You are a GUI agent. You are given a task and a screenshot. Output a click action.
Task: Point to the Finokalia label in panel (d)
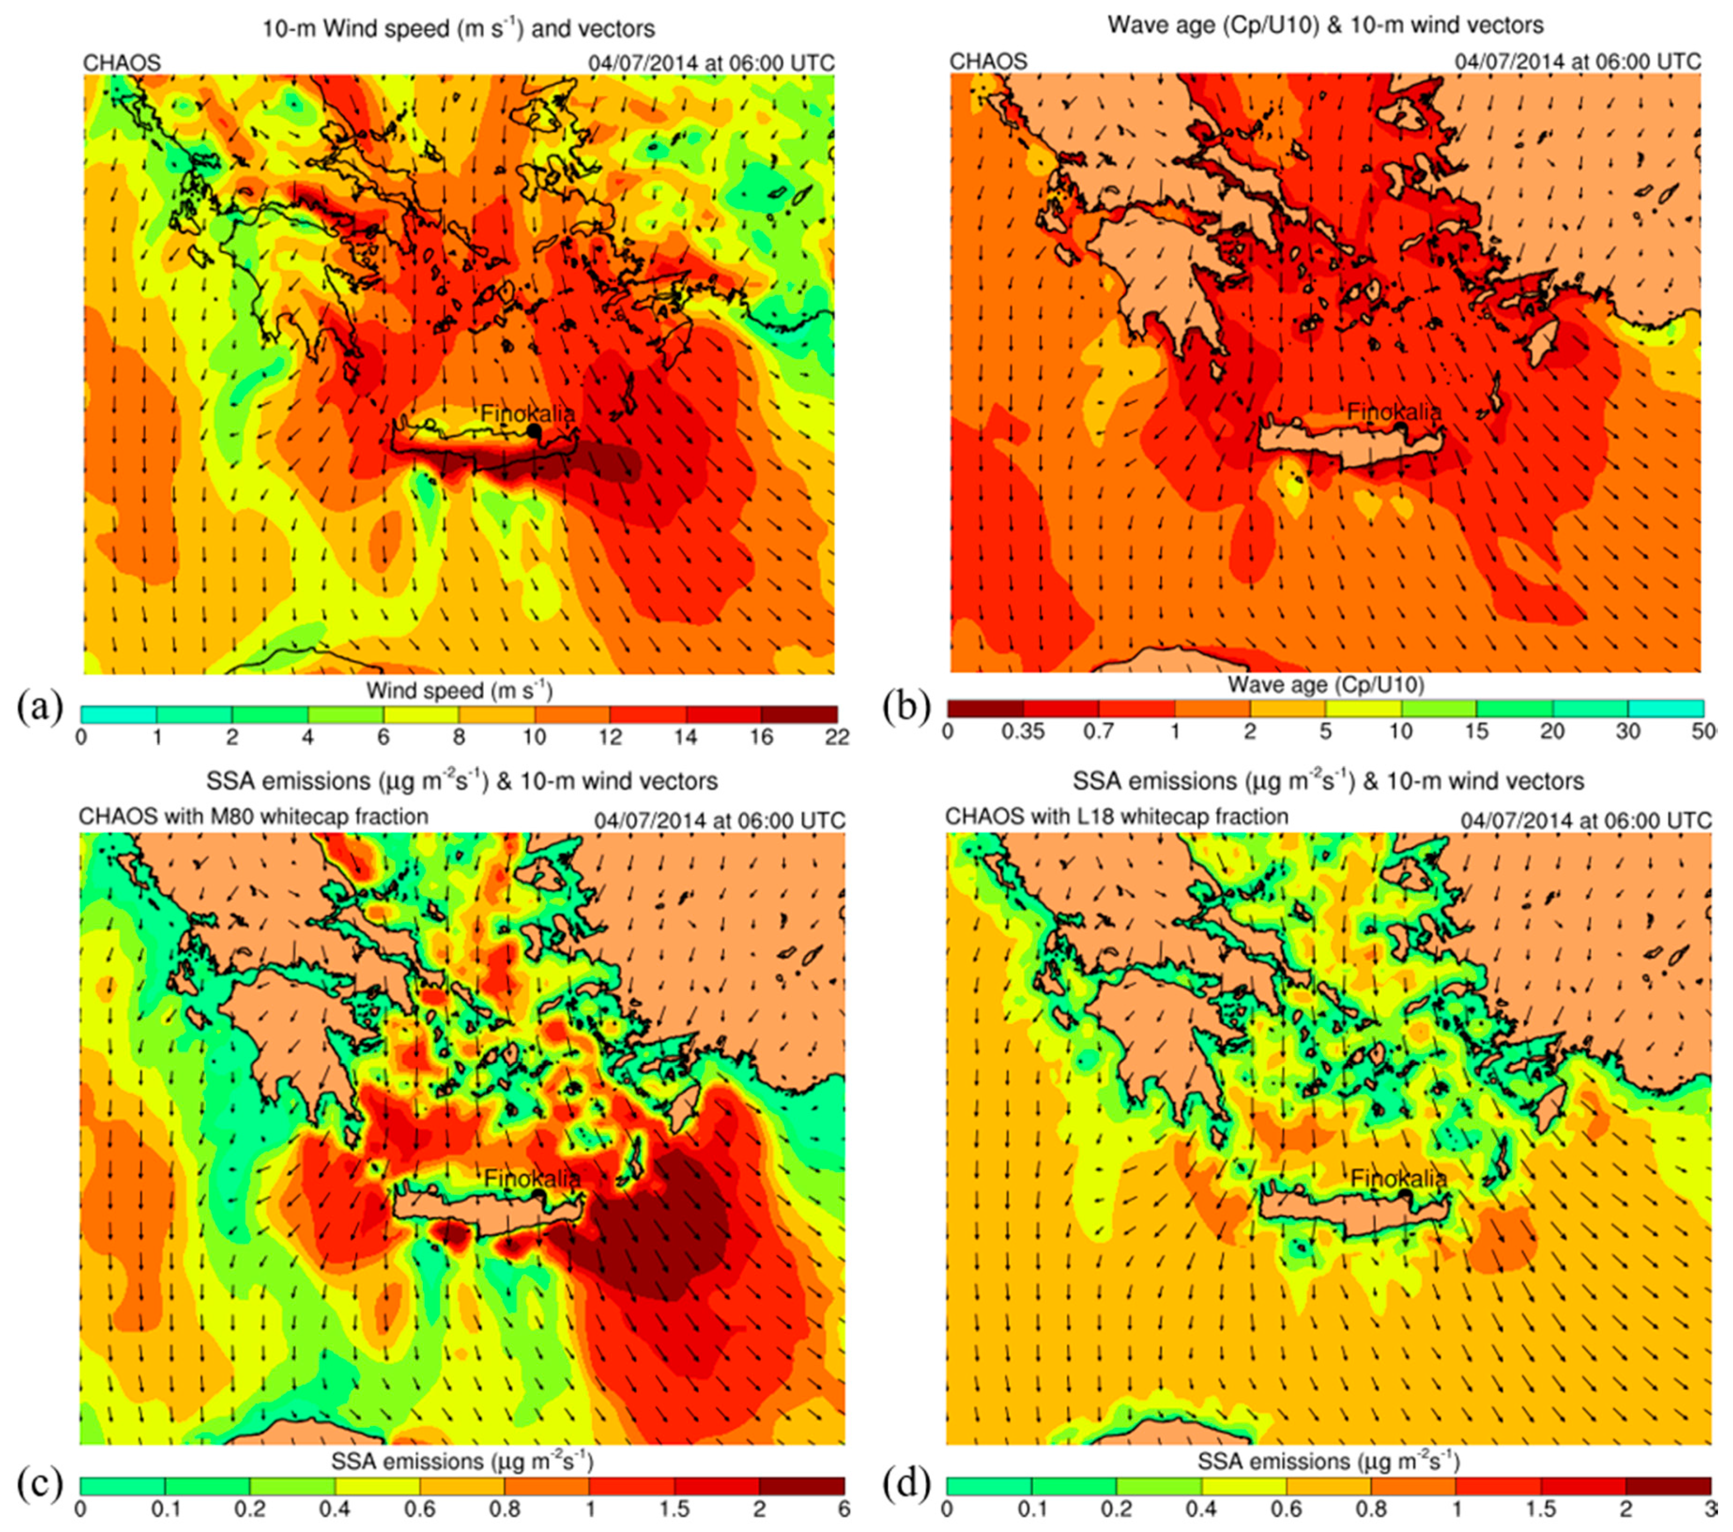tap(1398, 1178)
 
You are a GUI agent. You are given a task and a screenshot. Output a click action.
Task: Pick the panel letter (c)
tap(40, 1484)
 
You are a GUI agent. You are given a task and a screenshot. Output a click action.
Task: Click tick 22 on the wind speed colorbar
tap(837, 738)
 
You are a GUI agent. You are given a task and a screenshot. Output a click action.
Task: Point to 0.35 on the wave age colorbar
tap(1023, 732)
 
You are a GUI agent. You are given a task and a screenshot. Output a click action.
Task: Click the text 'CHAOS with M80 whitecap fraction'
tap(253, 817)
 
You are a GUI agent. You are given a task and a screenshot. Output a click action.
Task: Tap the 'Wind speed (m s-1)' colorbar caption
tap(459, 691)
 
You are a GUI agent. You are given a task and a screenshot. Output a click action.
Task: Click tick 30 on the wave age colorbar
tap(1627, 732)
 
